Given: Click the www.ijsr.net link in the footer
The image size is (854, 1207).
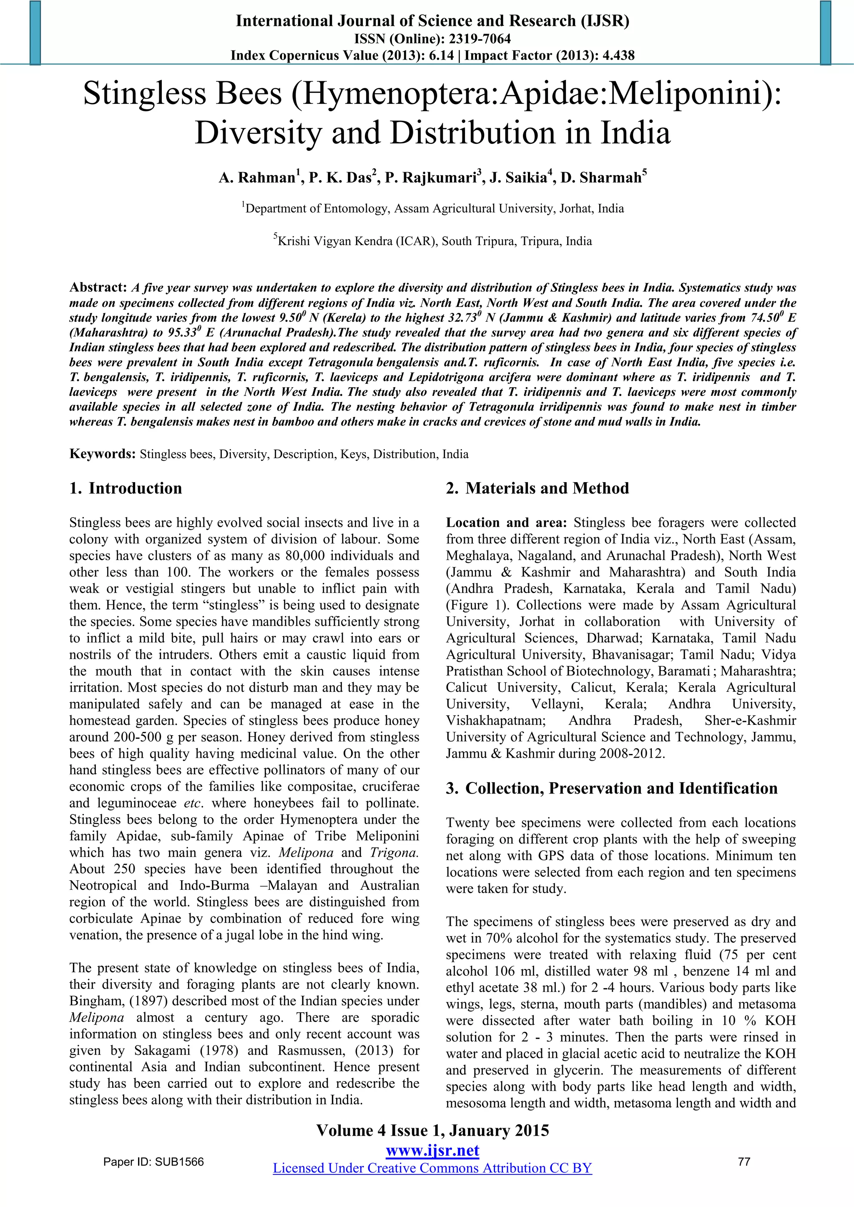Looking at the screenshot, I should (432, 1150).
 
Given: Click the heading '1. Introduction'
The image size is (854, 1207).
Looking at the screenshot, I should (126, 488).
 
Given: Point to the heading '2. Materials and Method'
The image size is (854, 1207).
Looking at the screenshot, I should (537, 488).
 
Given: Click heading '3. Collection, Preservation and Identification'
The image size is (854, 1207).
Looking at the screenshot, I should (612, 788).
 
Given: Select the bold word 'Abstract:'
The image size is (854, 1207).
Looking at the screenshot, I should (98, 288).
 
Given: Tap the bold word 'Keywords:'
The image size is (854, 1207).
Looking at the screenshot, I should (103, 454).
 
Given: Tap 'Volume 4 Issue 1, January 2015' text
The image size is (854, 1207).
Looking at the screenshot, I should (432, 1130).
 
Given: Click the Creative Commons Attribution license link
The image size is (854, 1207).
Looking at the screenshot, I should (432, 1168).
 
